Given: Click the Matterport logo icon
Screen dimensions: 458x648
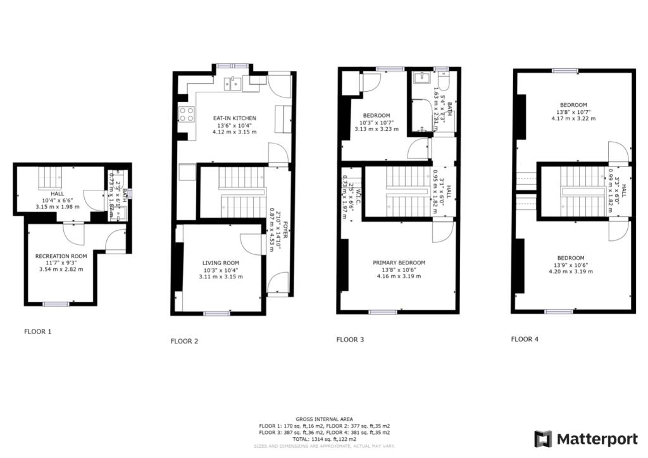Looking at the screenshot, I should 543,439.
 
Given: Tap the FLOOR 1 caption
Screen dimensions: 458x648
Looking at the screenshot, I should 38,331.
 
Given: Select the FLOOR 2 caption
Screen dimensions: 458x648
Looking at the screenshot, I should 184,341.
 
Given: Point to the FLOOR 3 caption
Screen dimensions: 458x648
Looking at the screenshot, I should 350,340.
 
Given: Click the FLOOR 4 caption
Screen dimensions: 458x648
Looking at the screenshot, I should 525,339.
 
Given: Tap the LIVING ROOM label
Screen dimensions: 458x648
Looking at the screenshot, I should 220,263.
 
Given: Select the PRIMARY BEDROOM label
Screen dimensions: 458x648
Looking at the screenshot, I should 399,263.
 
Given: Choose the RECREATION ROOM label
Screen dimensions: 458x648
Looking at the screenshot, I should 60,256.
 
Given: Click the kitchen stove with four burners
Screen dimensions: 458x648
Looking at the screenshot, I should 187,114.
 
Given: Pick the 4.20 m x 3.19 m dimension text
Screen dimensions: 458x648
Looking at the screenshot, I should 573,271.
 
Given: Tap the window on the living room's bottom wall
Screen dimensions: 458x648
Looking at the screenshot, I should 216,313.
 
